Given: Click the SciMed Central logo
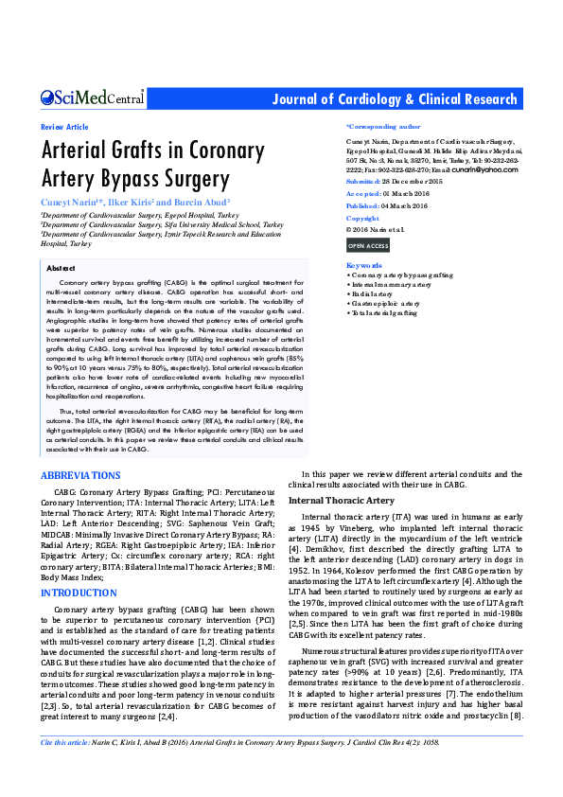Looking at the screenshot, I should [x=92, y=98].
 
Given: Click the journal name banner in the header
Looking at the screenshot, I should [x=395, y=99].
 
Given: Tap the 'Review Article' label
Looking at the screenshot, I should [x=64, y=126].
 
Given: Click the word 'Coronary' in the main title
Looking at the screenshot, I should [x=218, y=151].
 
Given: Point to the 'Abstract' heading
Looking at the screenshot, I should [x=61, y=269].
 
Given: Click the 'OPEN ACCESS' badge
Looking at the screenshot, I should [x=368, y=246].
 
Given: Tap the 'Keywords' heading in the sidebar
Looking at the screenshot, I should [x=364, y=265].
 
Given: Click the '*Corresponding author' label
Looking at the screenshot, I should [x=383, y=126].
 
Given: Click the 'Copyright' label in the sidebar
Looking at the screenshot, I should [x=362, y=219].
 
